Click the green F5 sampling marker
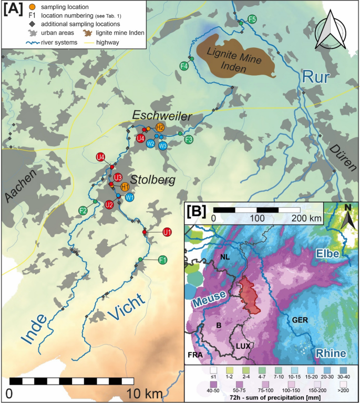tap(252, 19)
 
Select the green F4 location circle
tap(184, 66)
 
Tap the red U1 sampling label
tap(167, 232)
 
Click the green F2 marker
tap(83, 210)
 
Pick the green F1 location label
tap(163, 260)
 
